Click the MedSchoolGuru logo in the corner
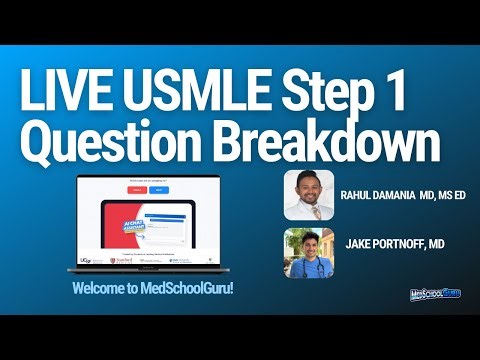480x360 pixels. point(443,296)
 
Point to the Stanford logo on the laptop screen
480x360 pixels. point(124,257)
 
